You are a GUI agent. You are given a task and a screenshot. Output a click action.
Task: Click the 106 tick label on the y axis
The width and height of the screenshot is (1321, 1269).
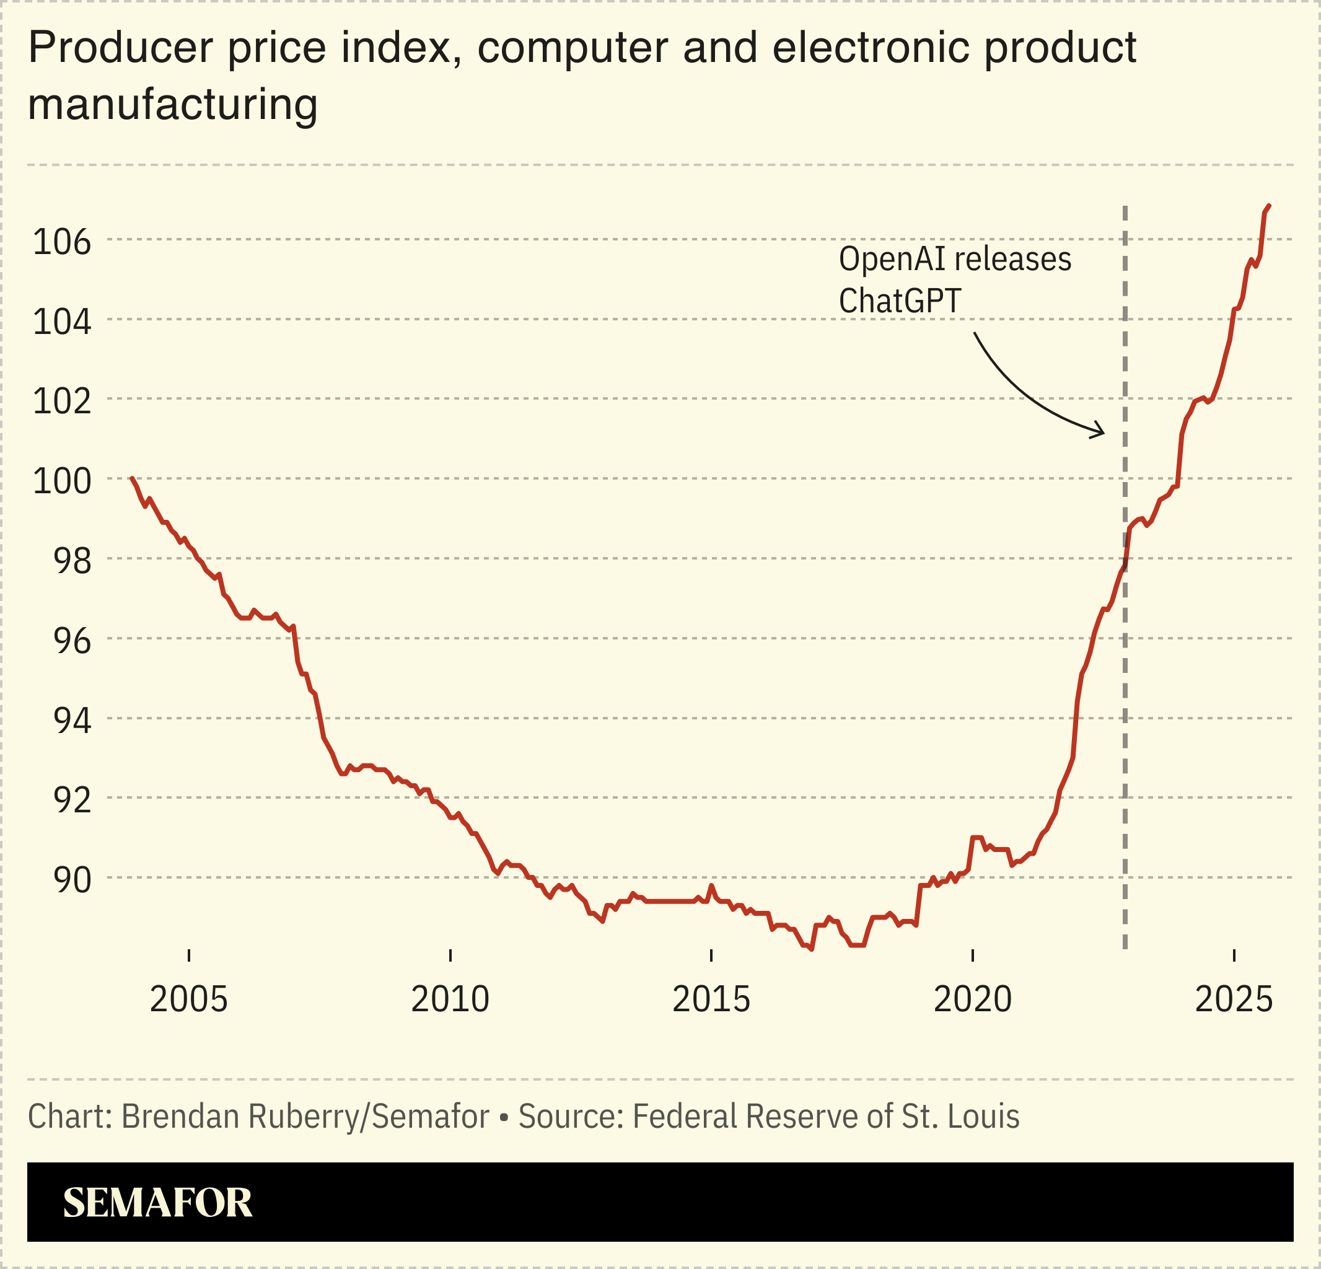61,242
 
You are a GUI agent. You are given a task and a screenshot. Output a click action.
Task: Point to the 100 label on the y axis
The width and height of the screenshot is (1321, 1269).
61,481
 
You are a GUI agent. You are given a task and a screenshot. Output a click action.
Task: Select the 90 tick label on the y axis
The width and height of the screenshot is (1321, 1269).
72,880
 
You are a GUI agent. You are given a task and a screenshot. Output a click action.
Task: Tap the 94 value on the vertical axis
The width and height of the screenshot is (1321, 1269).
72,721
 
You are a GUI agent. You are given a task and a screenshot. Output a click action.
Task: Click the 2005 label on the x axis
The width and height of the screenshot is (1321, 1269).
189,999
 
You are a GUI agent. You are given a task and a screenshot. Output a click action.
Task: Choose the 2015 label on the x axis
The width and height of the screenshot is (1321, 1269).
711,999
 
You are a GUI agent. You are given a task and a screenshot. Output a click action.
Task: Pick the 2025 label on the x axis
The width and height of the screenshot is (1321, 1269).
1234,999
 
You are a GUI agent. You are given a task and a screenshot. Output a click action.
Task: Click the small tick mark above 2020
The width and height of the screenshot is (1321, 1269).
973,955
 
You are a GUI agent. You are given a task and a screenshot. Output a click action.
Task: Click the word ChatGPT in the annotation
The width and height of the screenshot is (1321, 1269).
899,301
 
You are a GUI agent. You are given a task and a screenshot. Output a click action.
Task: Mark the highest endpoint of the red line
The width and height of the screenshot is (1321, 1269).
1269,205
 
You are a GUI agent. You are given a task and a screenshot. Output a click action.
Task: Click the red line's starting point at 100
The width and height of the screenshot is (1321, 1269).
131,478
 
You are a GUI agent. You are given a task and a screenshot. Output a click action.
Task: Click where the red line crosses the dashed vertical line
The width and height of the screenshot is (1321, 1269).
1125,561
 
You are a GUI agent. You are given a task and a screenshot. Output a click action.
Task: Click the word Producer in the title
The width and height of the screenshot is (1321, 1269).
120,48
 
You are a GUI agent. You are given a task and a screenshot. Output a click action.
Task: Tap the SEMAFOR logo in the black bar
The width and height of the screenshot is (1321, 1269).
158,1203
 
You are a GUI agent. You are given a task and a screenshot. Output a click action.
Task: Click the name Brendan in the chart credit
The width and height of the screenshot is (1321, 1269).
182,1116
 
